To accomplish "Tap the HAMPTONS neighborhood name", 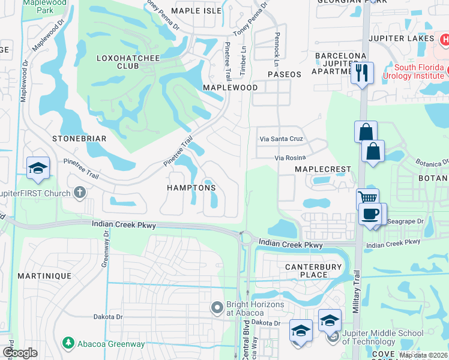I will coord(191,188).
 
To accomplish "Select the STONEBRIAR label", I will coord(79,139).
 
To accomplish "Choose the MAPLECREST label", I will coord(322,169).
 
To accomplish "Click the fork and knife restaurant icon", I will coord(363,73).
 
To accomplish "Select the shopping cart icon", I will coord(367,198).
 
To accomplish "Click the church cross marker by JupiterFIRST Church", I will coord(79,192).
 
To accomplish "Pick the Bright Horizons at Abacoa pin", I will coord(217,308).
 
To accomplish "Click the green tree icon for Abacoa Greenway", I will coord(68,343).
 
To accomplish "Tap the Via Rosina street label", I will coord(291,158).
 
